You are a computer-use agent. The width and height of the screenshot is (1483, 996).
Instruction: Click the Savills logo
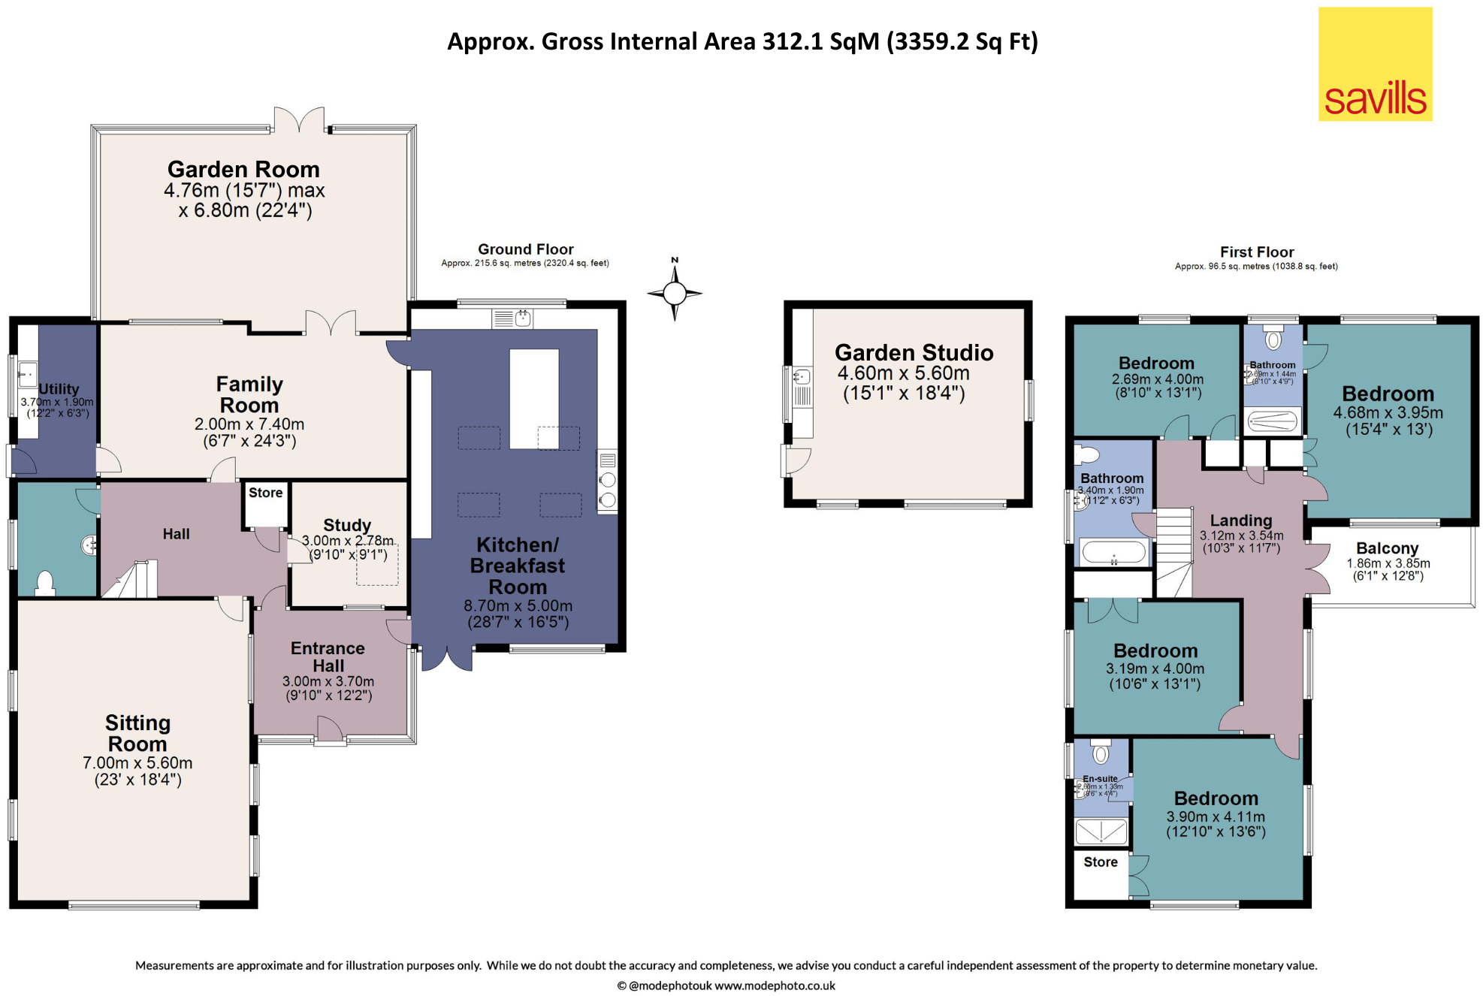1374,65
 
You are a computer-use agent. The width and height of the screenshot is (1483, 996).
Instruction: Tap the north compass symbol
674,292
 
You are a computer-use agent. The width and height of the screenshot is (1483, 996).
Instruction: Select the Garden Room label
243,169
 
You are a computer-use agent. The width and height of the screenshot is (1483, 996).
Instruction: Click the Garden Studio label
914,352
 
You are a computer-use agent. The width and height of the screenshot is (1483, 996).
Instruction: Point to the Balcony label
1387,548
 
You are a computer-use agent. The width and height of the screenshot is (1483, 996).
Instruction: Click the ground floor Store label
265,493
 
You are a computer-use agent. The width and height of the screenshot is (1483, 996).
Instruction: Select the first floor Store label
1100,862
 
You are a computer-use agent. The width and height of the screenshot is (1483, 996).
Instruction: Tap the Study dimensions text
347,548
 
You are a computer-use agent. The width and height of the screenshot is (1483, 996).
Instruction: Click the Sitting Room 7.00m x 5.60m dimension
137,763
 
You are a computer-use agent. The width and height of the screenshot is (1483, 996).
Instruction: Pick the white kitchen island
533,398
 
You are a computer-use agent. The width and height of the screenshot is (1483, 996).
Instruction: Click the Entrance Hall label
328,656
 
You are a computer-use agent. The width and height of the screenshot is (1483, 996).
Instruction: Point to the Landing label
1240,521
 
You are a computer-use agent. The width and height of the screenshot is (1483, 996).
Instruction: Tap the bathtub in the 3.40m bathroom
1113,552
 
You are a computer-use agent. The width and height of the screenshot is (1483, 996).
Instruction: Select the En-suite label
1099,779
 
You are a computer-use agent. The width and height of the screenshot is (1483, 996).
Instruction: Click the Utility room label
59,389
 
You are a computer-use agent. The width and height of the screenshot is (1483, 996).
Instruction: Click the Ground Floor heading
525,249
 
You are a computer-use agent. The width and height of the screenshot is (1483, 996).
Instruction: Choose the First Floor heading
1256,252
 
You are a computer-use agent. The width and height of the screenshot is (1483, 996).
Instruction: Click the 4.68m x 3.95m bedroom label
1388,394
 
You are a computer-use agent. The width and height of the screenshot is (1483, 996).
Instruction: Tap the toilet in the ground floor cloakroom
45,583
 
